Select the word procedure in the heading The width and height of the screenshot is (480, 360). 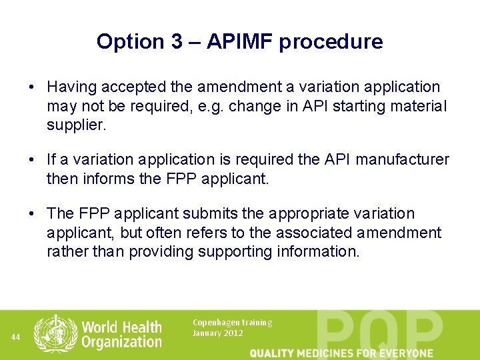coord(331,42)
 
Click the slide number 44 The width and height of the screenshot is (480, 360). coord(16,337)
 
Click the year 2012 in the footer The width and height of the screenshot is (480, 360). coord(233,333)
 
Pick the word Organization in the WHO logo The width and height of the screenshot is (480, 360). coord(121,342)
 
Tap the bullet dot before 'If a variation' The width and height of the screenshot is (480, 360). coord(31,160)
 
